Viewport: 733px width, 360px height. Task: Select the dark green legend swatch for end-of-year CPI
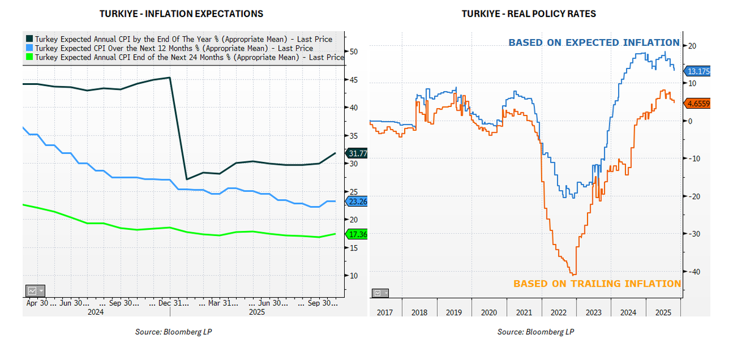(29, 39)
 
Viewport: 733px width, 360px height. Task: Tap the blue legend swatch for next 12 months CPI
(29, 48)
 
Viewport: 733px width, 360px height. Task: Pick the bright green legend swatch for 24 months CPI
(29, 57)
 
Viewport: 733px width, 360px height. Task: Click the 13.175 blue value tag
(698, 70)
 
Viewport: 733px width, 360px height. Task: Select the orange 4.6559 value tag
(698, 104)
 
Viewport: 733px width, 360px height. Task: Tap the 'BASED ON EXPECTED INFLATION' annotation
(594, 43)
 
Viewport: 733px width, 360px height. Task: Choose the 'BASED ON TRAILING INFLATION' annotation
(597, 284)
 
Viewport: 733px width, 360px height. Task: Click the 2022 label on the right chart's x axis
(559, 312)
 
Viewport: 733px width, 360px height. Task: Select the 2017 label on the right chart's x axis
(385, 312)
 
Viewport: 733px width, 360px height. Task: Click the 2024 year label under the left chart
(95, 312)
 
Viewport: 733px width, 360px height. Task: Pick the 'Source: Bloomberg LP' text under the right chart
(536, 332)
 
